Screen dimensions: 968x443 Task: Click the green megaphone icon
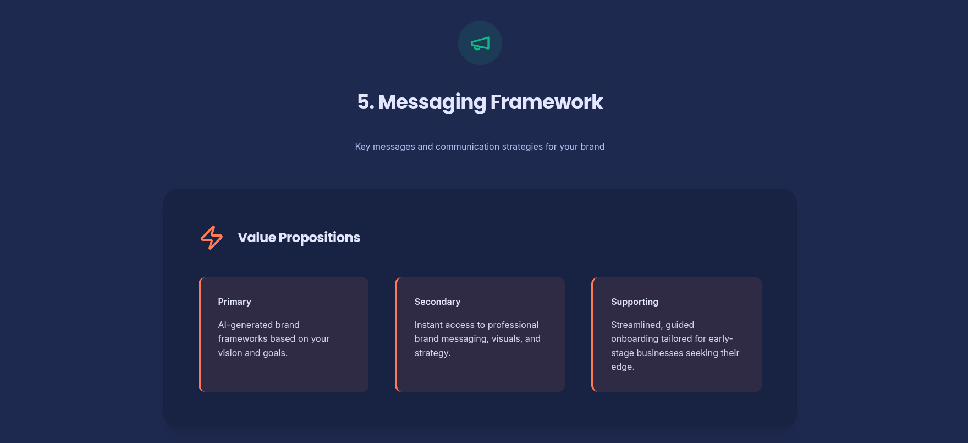click(480, 43)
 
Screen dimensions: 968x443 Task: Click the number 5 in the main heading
click(364, 102)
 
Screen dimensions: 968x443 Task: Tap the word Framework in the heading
click(547, 102)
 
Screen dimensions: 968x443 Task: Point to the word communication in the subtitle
click(468, 146)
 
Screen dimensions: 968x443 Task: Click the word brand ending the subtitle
click(592, 146)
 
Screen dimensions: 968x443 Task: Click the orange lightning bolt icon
click(212, 238)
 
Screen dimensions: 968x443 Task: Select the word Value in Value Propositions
click(257, 237)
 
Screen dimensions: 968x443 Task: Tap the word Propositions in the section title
click(320, 238)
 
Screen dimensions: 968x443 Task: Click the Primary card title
click(234, 302)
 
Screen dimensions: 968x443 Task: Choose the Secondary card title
click(437, 302)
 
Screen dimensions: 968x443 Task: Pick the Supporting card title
click(635, 302)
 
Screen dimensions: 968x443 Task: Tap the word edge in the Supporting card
click(621, 367)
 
